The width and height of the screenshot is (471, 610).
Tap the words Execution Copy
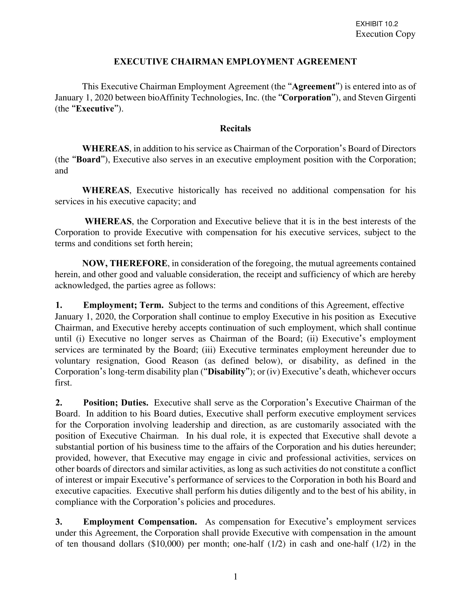(x=385, y=34)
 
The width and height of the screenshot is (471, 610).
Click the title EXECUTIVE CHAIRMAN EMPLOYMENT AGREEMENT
(x=235, y=62)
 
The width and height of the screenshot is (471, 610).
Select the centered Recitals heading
(x=235, y=128)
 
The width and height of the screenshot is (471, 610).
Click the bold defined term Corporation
(x=307, y=98)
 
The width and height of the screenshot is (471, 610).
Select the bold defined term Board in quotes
(x=88, y=160)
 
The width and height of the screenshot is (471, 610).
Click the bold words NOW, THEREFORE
(x=125, y=263)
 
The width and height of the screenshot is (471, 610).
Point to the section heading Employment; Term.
(x=123, y=305)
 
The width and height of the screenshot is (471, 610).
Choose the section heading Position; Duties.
(x=116, y=403)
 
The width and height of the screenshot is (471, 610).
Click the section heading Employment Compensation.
(x=140, y=522)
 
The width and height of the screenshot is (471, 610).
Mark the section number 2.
(x=58, y=403)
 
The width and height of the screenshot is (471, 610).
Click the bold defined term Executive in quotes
(x=95, y=109)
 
